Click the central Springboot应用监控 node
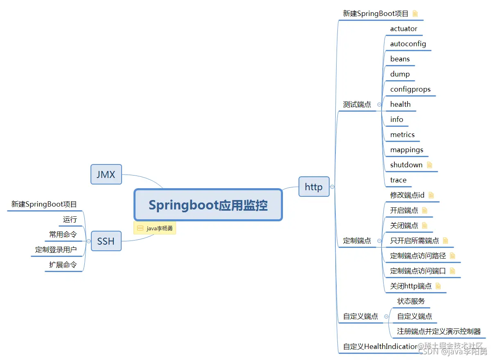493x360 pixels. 208,205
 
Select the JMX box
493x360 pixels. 106,175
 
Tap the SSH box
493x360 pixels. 106,241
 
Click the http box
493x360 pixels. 314,187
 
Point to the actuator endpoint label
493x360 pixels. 404,29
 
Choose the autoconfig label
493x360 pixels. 408,44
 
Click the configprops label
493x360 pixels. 410,89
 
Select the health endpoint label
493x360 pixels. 400,104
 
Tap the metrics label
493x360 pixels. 403,135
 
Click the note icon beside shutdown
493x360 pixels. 430,165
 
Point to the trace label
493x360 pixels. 398,180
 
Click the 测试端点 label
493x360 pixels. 357,104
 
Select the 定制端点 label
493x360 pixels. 357,241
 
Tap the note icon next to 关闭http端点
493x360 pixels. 438,286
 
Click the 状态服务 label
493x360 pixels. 411,301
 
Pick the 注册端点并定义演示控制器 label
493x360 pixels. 439,331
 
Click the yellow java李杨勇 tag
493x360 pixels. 155,228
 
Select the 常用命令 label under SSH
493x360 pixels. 63,234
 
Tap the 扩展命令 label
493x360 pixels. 63,265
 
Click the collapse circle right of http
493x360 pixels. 332,187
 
